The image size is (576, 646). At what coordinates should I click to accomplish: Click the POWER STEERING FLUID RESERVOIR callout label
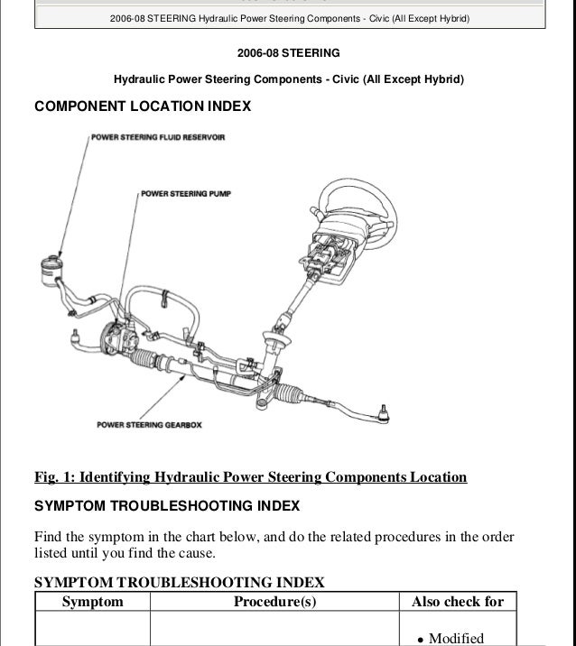pos(158,137)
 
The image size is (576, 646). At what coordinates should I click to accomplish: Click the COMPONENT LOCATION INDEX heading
pos(142,106)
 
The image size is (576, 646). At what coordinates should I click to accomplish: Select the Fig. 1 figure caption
pos(250,477)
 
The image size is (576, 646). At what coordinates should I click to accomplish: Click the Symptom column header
pos(92,602)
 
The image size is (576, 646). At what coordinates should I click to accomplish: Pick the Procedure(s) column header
pos(274,602)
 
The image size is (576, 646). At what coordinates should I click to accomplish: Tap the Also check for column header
pos(458,602)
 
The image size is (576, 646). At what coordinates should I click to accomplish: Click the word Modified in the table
pos(456,638)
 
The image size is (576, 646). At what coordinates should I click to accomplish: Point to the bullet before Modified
pos(420,639)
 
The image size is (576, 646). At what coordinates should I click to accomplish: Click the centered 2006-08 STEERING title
pos(288,53)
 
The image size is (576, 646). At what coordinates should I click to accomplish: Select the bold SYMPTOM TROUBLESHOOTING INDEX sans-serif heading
pos(167,505)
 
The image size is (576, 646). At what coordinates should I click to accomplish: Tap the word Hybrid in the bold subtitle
pos(441,79)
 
